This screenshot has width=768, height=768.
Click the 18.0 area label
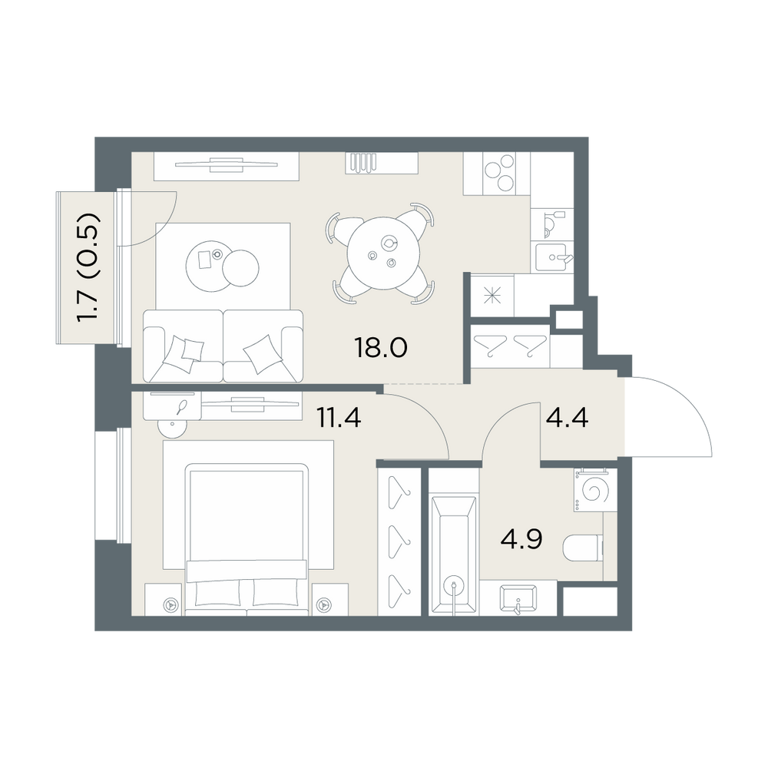pyautogui.click(x=380, y=348)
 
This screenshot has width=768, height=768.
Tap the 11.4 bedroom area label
pyautogui.click(x=339, y=418)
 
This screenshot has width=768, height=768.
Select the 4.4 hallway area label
pyautogui.click(x=567, y=419)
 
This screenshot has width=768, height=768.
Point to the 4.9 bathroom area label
pyautogui.click(x=521, y=540)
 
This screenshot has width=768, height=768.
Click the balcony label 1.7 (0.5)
pyautogui.click(x=88, y=268)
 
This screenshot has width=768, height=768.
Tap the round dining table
pyautogui.click(x=383, y=253)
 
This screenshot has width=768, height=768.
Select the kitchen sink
pyautogui.click(x=552, y=257)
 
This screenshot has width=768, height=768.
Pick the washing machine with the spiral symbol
pyautogui.click(x=595, y=490)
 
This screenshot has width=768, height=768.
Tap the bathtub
pyautogui.click(x=454, y=555)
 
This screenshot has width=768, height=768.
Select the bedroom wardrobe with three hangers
pyautogui.click(x=399, y=541)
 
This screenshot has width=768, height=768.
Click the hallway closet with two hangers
pyautogui.click(x=510, y=346)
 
